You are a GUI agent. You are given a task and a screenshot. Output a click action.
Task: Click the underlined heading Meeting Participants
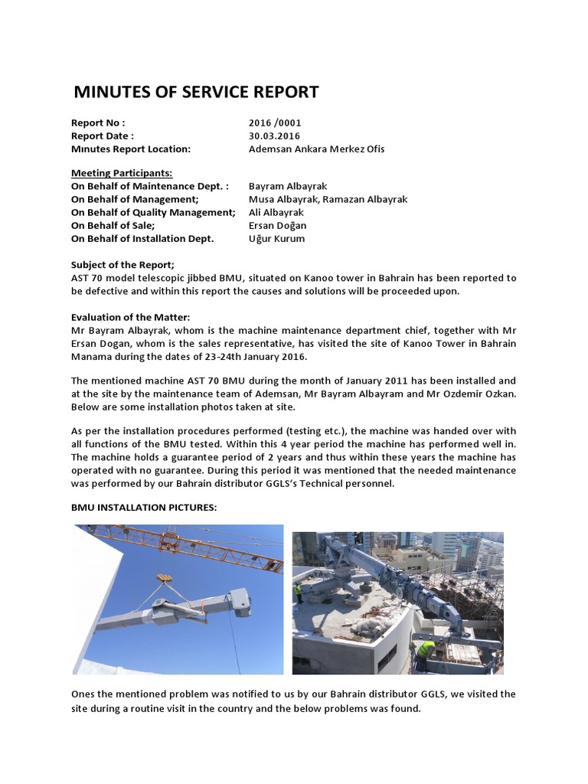[x=122, y=173]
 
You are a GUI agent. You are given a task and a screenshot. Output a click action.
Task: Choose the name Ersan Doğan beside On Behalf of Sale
[x=277, y=225]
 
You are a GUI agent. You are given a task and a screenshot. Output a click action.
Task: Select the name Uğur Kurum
[x=276, y=238]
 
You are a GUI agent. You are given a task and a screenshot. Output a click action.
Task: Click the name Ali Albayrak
[x=276, y=212]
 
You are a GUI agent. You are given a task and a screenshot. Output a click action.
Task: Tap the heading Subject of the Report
[x=122, y=264]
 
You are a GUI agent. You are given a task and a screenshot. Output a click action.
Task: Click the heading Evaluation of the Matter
[x=130, y=317]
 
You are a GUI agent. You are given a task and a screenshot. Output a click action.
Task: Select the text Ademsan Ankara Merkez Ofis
[x=316, y=149]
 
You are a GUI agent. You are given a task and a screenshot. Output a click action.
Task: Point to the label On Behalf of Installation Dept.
[x=142, y=238]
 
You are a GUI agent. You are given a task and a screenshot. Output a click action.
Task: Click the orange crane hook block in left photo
[x=163, y=579]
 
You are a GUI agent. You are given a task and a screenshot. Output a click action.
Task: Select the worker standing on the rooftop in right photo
[x=299, y=591]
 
